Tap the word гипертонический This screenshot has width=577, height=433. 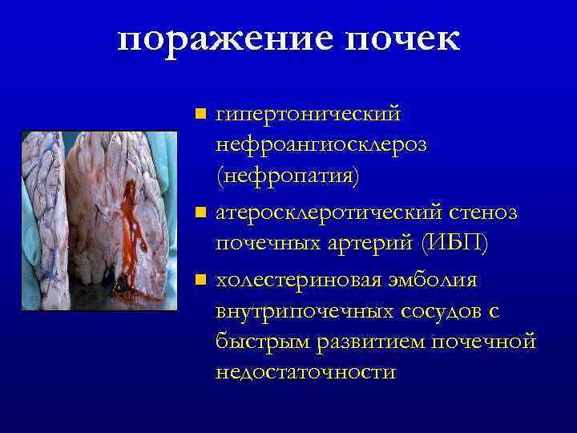(x=308, y=115)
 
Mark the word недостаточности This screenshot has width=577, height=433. (x=305, y=371)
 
